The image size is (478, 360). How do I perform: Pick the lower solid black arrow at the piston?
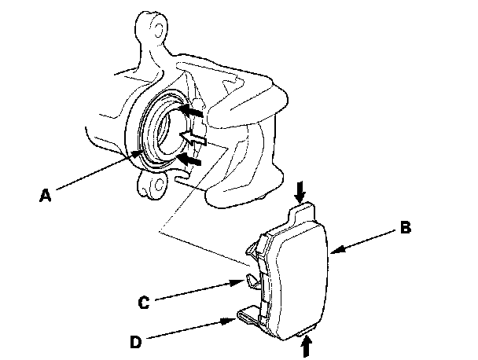[x=189, y=160]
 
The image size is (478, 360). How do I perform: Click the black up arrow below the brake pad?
[x=306, y=343]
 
